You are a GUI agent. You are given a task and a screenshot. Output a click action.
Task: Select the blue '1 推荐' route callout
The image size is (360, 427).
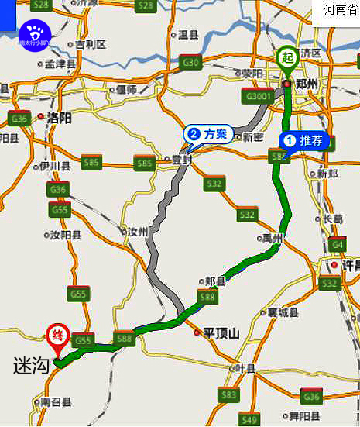coord(306,140)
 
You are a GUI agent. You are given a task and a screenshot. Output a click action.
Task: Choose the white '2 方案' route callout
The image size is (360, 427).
coord(207,134)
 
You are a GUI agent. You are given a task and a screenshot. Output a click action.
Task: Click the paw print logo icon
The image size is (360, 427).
coord(34,33)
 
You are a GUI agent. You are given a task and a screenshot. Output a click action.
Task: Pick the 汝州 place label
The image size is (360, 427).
coord(138,232)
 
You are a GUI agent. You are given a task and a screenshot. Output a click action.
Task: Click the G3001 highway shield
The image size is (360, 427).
coord(257,97)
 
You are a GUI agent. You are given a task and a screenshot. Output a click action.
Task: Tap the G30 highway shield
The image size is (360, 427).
coord(190,62)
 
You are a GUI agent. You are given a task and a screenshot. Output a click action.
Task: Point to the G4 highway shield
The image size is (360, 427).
coord(337,245)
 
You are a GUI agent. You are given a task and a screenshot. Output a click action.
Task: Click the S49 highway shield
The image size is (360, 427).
coord(249,419)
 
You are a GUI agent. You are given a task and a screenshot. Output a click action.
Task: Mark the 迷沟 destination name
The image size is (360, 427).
coord(31,365)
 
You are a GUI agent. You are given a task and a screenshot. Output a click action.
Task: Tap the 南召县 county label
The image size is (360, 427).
coord(56,402)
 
